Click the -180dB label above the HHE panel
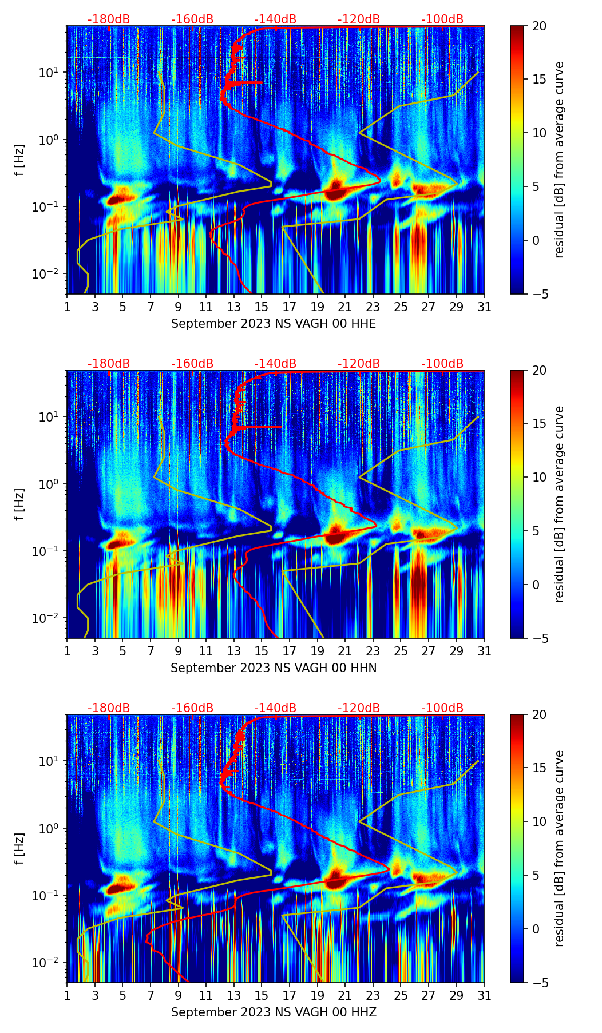click(x=109, y=19)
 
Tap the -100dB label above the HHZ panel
click(x=442, y=708)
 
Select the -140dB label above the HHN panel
click(x=275, y=364)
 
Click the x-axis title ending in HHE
click(x=274, y=324)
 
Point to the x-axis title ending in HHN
click(x=274, y=668)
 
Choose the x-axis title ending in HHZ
click(x=274, y=1012)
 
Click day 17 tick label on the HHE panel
click(x=289, y=307)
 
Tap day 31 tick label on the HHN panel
click(x=484, y=651)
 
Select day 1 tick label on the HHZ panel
click(x=67, y=996)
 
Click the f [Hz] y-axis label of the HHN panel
click(x=19, y=504)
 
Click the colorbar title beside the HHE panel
click(x=560, y=160)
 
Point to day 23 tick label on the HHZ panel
click(x=373, y=996)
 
